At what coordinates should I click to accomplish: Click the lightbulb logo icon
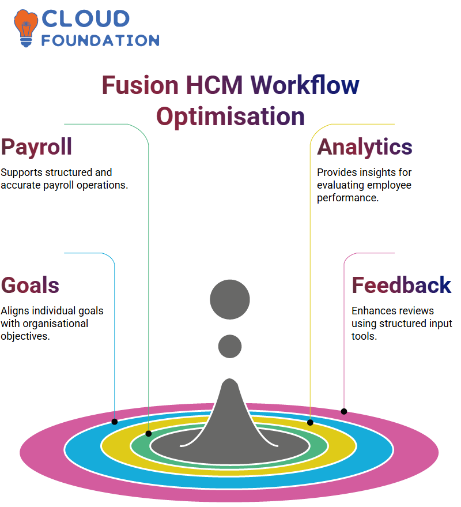click(x=25, y=28)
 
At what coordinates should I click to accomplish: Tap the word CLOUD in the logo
click(x=86, y=18)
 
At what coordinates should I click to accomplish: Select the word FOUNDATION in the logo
click(x=100, y=40)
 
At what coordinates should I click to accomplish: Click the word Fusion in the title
click(x=140, y=85)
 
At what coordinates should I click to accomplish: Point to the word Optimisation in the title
click(x=231, y=117)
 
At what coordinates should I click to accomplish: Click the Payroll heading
click(x=36, y=148)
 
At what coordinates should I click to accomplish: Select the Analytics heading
click(x=364, y=148)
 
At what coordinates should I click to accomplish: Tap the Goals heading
click(x=30, y=285)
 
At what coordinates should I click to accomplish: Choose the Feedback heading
click(x=401, y=285)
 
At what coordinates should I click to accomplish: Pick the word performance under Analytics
click(x=347, y=198)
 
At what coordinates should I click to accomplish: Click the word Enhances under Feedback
click(x=368, y=311)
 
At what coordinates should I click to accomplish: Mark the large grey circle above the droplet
click(x=230, y=299)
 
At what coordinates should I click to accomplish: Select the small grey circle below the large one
click(x=230, y=346)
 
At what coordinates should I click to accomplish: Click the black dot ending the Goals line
click(x=114, y=422)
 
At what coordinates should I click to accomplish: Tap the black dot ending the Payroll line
click(x=149, y=434)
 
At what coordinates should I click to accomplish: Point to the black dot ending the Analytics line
click(x=310, y=422)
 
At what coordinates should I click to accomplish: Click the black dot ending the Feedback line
click(x=344, y=411)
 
